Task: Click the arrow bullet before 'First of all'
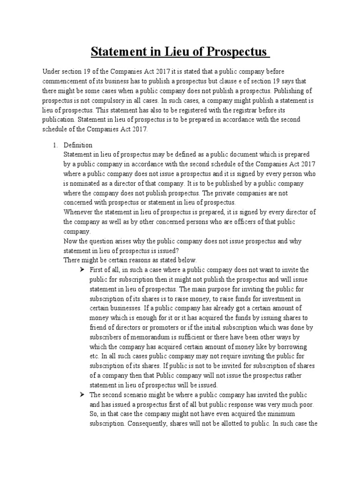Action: (x=82, y=270)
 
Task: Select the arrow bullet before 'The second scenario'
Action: (x=82, y=395)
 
